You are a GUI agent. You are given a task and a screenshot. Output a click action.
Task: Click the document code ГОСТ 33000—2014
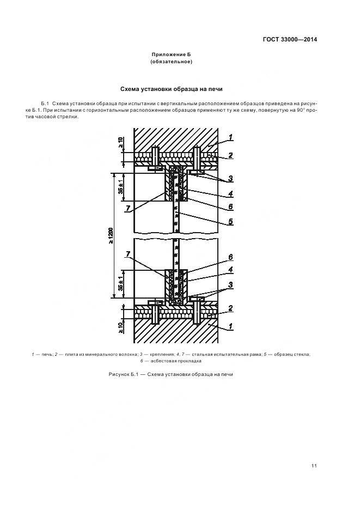(x=291, y=39)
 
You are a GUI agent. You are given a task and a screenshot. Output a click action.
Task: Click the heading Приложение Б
(x=172, y=55)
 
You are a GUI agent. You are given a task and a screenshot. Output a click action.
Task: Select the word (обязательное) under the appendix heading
(x=172, y=62)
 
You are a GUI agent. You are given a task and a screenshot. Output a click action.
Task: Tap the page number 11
(x=314, y=465)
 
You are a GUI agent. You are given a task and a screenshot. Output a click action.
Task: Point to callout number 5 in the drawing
(x=231, y=222)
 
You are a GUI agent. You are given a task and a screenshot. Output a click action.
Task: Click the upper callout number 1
(x=231, y=136)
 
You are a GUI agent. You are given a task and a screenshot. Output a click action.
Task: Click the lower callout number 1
(x=231, y=327)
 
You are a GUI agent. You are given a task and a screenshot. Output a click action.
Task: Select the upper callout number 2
(x=231, y=155)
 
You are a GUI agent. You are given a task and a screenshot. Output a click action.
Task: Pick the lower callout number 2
(x=231, y=308)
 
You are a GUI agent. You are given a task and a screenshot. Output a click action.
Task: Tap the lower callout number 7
(x=127, y=254)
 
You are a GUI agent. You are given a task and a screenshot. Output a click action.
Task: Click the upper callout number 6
(x=231, y=207)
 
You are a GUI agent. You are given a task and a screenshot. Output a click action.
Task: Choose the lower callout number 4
(x=231, y=269)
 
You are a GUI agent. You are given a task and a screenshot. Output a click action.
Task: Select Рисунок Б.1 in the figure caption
(x=123, y=374)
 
